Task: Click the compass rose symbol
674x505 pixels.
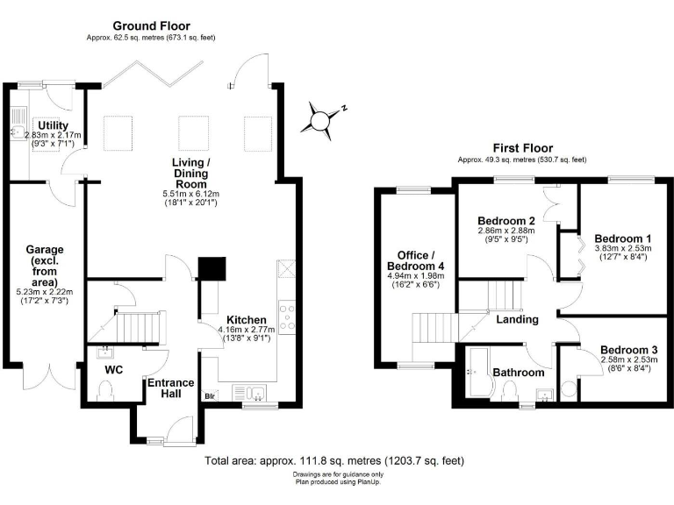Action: coord(323,120)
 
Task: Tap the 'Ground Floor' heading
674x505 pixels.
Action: coord(150,26)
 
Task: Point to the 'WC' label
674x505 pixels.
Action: coord(113,370)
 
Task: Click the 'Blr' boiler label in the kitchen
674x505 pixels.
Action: coord(210,395)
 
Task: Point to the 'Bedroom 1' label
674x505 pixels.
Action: coord(622,238)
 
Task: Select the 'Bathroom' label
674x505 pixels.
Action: coord(517,373)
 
